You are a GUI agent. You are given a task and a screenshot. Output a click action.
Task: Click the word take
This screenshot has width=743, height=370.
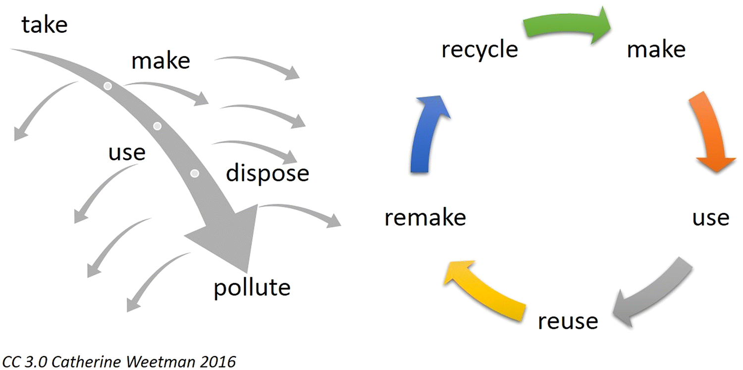pos(45,25)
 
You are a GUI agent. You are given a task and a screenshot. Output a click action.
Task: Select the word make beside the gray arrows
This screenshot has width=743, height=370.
pos(160,61)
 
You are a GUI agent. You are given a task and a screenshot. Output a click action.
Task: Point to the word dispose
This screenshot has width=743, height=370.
pos(267,174)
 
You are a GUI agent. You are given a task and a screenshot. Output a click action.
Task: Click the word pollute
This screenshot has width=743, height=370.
pos(252,287)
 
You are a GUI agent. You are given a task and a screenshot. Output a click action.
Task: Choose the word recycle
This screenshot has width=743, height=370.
pos(479,50)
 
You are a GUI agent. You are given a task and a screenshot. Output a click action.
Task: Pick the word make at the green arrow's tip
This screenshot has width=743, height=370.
pos(656,50)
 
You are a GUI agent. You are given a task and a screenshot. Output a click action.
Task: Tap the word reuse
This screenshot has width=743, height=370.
pos(568,321)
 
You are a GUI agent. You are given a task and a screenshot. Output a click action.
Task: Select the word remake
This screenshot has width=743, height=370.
pos(425,218)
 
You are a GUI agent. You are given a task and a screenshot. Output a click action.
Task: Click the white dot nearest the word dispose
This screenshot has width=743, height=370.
pos(195,174)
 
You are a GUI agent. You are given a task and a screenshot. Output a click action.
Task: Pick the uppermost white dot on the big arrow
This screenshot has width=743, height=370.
pos(107,86)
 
